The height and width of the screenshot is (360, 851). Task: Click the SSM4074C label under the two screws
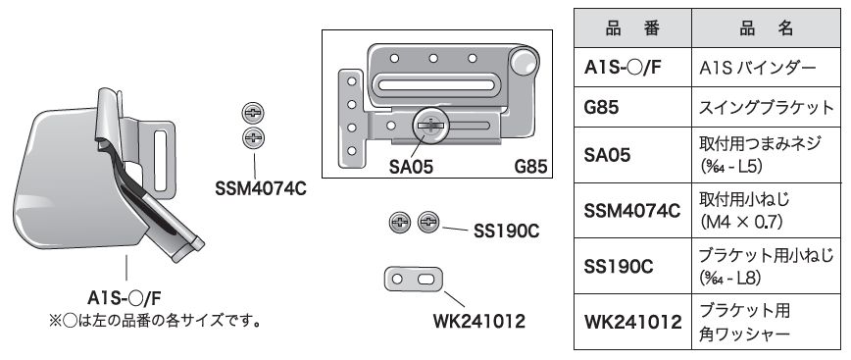point(261,189)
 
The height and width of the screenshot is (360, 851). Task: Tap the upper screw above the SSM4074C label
point(253,113)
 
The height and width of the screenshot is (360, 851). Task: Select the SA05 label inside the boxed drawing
point(411,167)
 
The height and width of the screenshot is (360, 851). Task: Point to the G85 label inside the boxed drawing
point(530,167)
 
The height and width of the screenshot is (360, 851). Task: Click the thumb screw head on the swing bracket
point(430,126)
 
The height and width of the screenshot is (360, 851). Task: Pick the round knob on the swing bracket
point(524,62)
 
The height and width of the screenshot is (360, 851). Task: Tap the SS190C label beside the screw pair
point(506,231)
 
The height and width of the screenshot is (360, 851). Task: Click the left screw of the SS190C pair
point(400,222)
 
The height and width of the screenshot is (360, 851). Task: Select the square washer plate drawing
point(414,280)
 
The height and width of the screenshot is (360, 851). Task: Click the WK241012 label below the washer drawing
point(478,322)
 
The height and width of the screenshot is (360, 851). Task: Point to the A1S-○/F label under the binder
point(125,298)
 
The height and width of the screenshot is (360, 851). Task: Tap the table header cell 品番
point(632,28)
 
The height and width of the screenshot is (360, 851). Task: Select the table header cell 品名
point(767,28)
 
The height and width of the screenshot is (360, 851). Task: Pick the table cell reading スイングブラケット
point(767,107)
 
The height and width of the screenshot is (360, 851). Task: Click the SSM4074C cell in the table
point(631,211)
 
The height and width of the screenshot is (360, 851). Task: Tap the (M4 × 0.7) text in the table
point(741,222)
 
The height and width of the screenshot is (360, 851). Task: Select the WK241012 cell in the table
point(632,322)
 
